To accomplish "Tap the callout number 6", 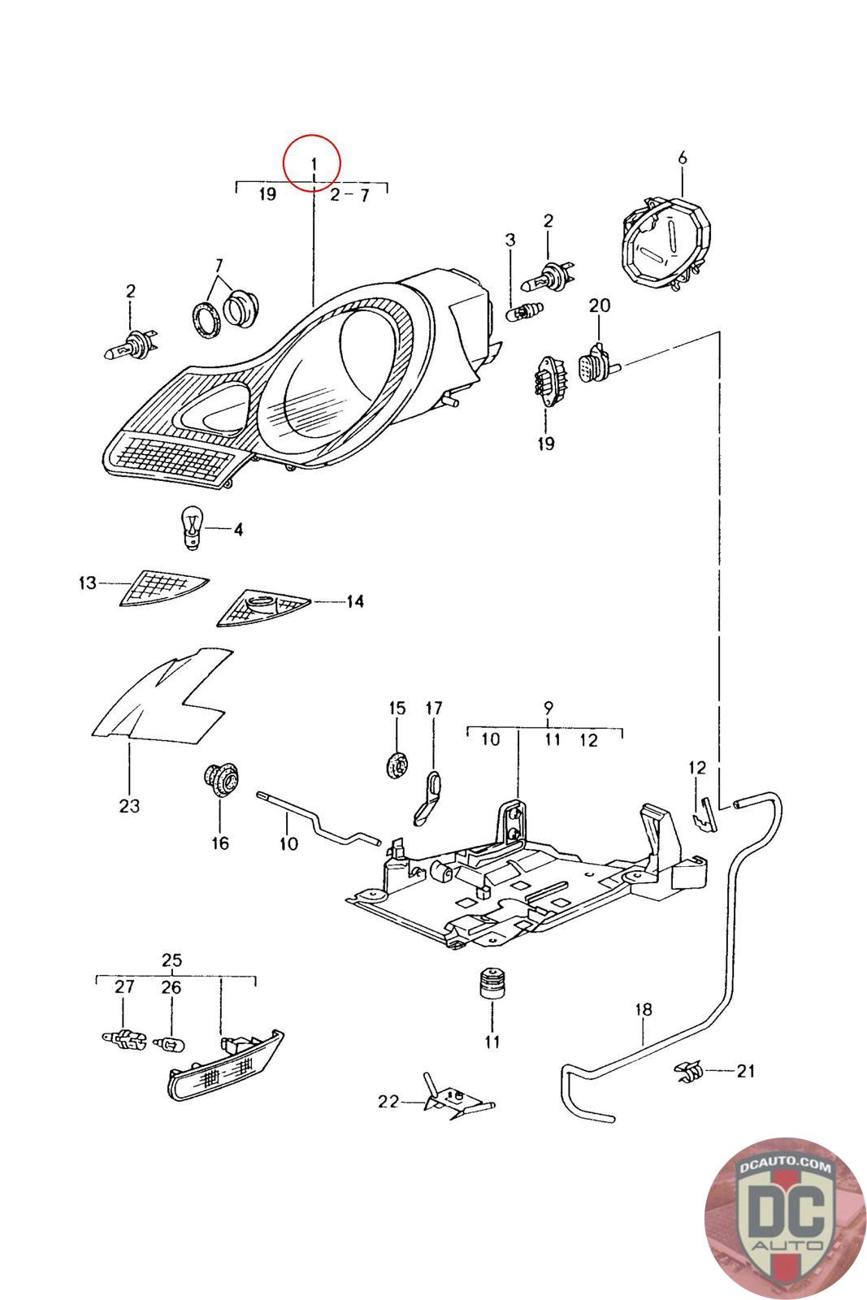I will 682,157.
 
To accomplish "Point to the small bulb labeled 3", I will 522,311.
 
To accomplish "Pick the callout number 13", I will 88,583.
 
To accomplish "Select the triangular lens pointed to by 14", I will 262,609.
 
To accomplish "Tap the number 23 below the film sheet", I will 129,806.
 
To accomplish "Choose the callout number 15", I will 397,708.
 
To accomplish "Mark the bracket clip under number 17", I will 428,797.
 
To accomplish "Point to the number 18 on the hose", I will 643,1010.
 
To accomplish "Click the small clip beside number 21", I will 687,1072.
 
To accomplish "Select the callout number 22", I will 388,1102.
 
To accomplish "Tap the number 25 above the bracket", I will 171,960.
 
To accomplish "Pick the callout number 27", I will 124,987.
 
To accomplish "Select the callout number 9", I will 548,706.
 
